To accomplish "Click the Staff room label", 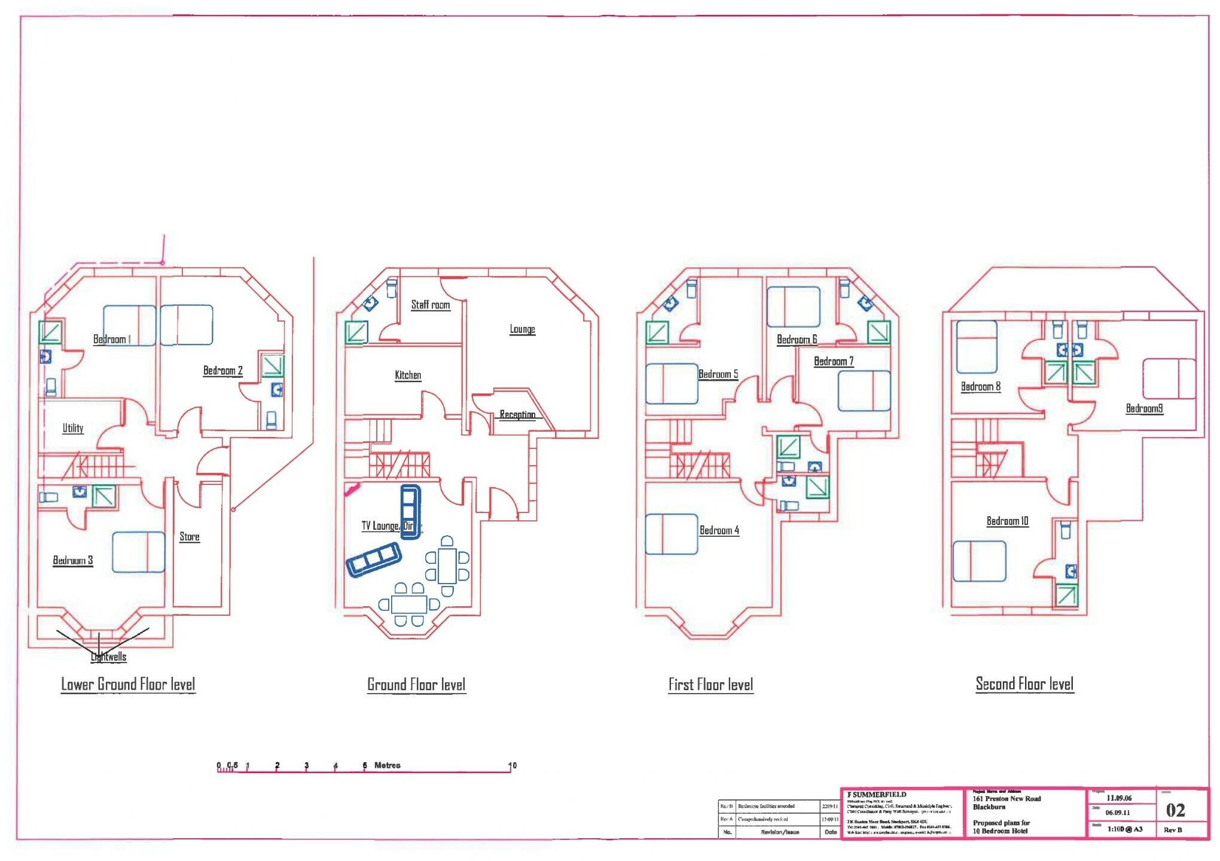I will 430,305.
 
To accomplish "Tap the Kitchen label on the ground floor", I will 408,375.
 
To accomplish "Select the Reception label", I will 517,414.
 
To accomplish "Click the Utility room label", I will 73,428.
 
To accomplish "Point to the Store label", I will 190,537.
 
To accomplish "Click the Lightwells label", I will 109,657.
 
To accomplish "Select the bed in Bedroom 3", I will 139,552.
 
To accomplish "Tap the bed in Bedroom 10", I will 979,561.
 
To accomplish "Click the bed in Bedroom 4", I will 672,534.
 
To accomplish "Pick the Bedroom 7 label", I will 833,362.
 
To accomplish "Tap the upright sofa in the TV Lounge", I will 410,512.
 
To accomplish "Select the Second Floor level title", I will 1024,684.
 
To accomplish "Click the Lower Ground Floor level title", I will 128,685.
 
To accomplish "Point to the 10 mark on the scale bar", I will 512,765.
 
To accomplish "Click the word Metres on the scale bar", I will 387,765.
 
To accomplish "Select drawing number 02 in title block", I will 1175,810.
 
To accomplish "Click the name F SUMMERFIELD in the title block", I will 877,795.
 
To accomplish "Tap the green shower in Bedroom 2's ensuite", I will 273,366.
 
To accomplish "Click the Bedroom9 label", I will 1144,409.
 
